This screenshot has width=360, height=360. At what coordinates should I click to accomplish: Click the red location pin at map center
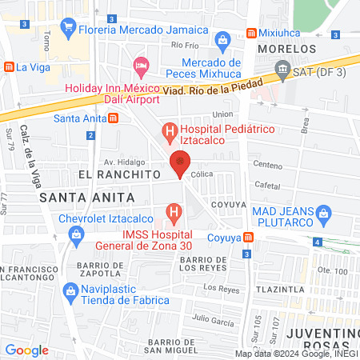(x=181, y=164)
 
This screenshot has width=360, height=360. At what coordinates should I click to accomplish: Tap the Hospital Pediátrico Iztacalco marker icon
(x=169, y=130)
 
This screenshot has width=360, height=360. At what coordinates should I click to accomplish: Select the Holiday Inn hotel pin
(x=141, y=64)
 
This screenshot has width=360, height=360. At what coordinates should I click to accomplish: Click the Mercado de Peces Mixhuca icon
(x=222, y=39)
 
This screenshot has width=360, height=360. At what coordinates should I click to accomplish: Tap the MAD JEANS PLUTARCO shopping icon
(x=323, y=213)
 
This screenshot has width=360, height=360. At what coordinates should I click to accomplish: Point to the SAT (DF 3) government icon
(x=282, y=73)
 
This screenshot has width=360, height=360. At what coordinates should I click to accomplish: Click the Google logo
(x=26, y=350)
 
